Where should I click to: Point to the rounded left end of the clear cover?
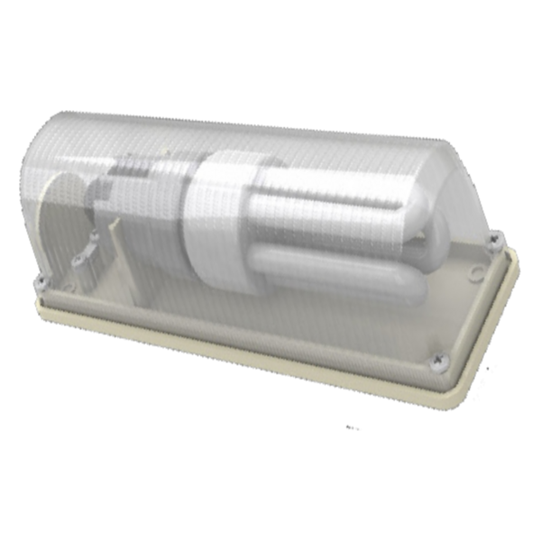[x=36, y=180]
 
